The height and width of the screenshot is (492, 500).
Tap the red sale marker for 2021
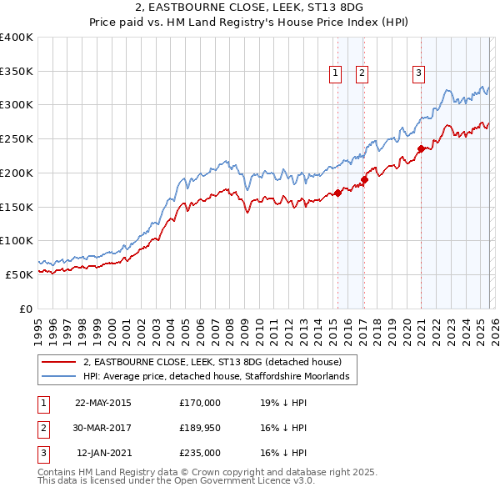point(422,149)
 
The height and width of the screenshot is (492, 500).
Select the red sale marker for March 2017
point(365,178)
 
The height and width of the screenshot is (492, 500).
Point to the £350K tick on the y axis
point(17,71)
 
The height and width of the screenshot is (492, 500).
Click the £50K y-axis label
point(18,274)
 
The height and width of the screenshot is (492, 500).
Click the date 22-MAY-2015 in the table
point(102,403)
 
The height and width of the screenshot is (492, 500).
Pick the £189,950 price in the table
point(199,428)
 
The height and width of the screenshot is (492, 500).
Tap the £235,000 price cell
point(199,453)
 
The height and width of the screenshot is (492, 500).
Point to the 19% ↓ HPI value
point(283,403)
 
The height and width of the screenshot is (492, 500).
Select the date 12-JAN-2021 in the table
point(102,453)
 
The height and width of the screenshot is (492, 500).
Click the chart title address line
point(250,8)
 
